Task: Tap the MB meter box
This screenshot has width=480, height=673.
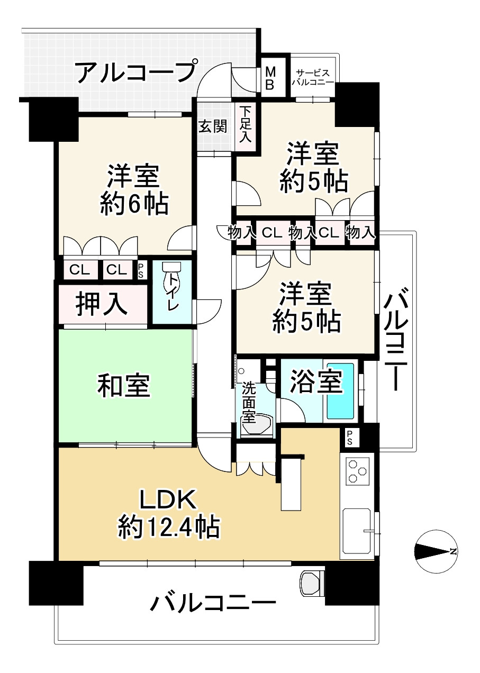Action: click(x=270, y=78)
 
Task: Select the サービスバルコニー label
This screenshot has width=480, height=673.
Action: click(x=313, y=78)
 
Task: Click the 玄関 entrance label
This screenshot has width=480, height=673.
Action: click(x=213, y=126)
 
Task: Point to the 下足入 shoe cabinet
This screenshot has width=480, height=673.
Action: click(x=244, y=125)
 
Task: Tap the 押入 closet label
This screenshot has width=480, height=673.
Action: click(x=101, y=304)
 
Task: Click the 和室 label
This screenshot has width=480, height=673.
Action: click(x=124, y=386)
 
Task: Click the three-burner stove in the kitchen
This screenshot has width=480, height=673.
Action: click(x=357, y=470)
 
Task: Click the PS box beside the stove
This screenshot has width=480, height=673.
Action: click(x=350, y=436)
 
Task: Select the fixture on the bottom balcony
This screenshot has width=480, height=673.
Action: click(x=312, y=586)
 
